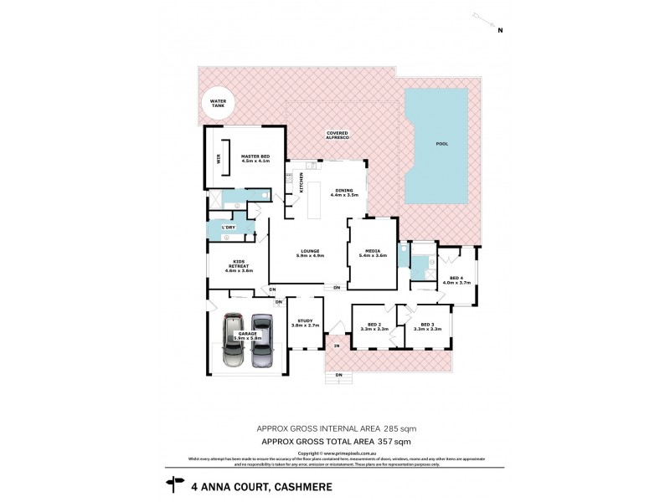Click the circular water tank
(219, 105)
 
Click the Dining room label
(344, 192)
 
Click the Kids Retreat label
(239, 264)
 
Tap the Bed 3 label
(427, 325)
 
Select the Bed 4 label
(456, 280)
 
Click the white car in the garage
(234, 341)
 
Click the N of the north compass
(500, 31)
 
